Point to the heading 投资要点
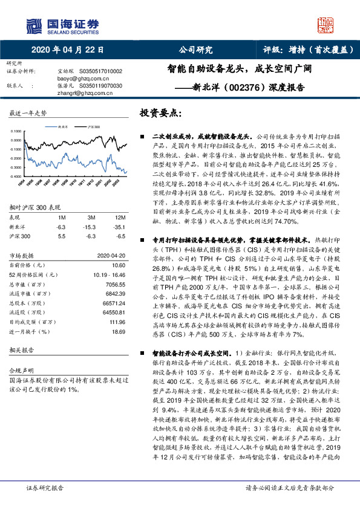click(160, 113)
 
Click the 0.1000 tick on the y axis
click(17, 131)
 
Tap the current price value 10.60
click(119, 264)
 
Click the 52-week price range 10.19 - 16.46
click(110, 273)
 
